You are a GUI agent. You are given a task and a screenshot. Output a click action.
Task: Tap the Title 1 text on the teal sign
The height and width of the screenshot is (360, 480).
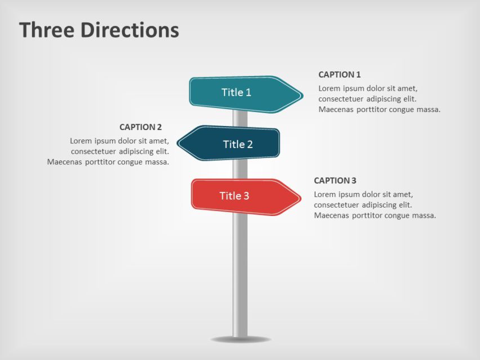pyautogui.click(x=236, y=92)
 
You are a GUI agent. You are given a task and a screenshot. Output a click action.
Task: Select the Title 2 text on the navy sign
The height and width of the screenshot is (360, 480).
pyautogui.click(x=237, y=144)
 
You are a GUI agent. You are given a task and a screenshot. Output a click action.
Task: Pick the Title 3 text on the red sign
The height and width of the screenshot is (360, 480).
pyautogui.click(x=234, y=196)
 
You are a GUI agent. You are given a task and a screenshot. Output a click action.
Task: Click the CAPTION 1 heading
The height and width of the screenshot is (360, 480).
pyautogui.click(x=339, y=74)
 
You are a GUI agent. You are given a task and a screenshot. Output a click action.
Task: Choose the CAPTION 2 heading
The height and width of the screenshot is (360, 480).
pyautogui.click(x=141, y=127)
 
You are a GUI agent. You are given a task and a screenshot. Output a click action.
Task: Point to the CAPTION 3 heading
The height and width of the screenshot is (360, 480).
pyautogui.click(x=335, y=181)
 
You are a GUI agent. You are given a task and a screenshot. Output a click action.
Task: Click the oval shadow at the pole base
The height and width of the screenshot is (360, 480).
pyautogui.click(x=240, y=340)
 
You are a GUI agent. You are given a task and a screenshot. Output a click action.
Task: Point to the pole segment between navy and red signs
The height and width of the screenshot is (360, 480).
pyautogui.click(x=240, y=169)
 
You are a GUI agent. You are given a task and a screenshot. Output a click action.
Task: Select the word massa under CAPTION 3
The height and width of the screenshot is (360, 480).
pyautogui.click(x=423, y=215)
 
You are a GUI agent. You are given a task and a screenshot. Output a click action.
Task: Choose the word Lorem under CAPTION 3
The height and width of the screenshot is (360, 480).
pyautogui.click(x=325, y=195)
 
